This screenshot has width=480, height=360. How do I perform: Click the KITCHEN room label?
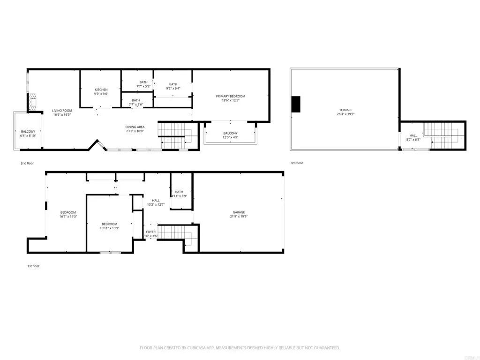pos(101,90)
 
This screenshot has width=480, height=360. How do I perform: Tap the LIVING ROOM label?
pos(62,110)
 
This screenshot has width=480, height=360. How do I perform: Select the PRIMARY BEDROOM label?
pos(230,96)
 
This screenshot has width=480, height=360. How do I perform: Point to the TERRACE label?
pos(344,110)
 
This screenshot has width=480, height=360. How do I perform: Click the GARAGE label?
pos(239,212)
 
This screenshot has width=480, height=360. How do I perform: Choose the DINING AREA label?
pos(135,127)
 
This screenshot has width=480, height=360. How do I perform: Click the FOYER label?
pos(150,232)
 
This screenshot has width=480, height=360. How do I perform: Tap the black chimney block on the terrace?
pos(296,104)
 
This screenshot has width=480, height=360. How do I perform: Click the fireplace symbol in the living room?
pos(32,102)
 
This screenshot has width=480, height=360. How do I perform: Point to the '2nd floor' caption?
pos(30,163)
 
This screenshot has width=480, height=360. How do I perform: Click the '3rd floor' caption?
pos(297,163)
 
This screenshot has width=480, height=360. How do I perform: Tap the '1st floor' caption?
pos(33,266)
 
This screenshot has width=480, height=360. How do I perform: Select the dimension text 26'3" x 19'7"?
pos(344,114)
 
